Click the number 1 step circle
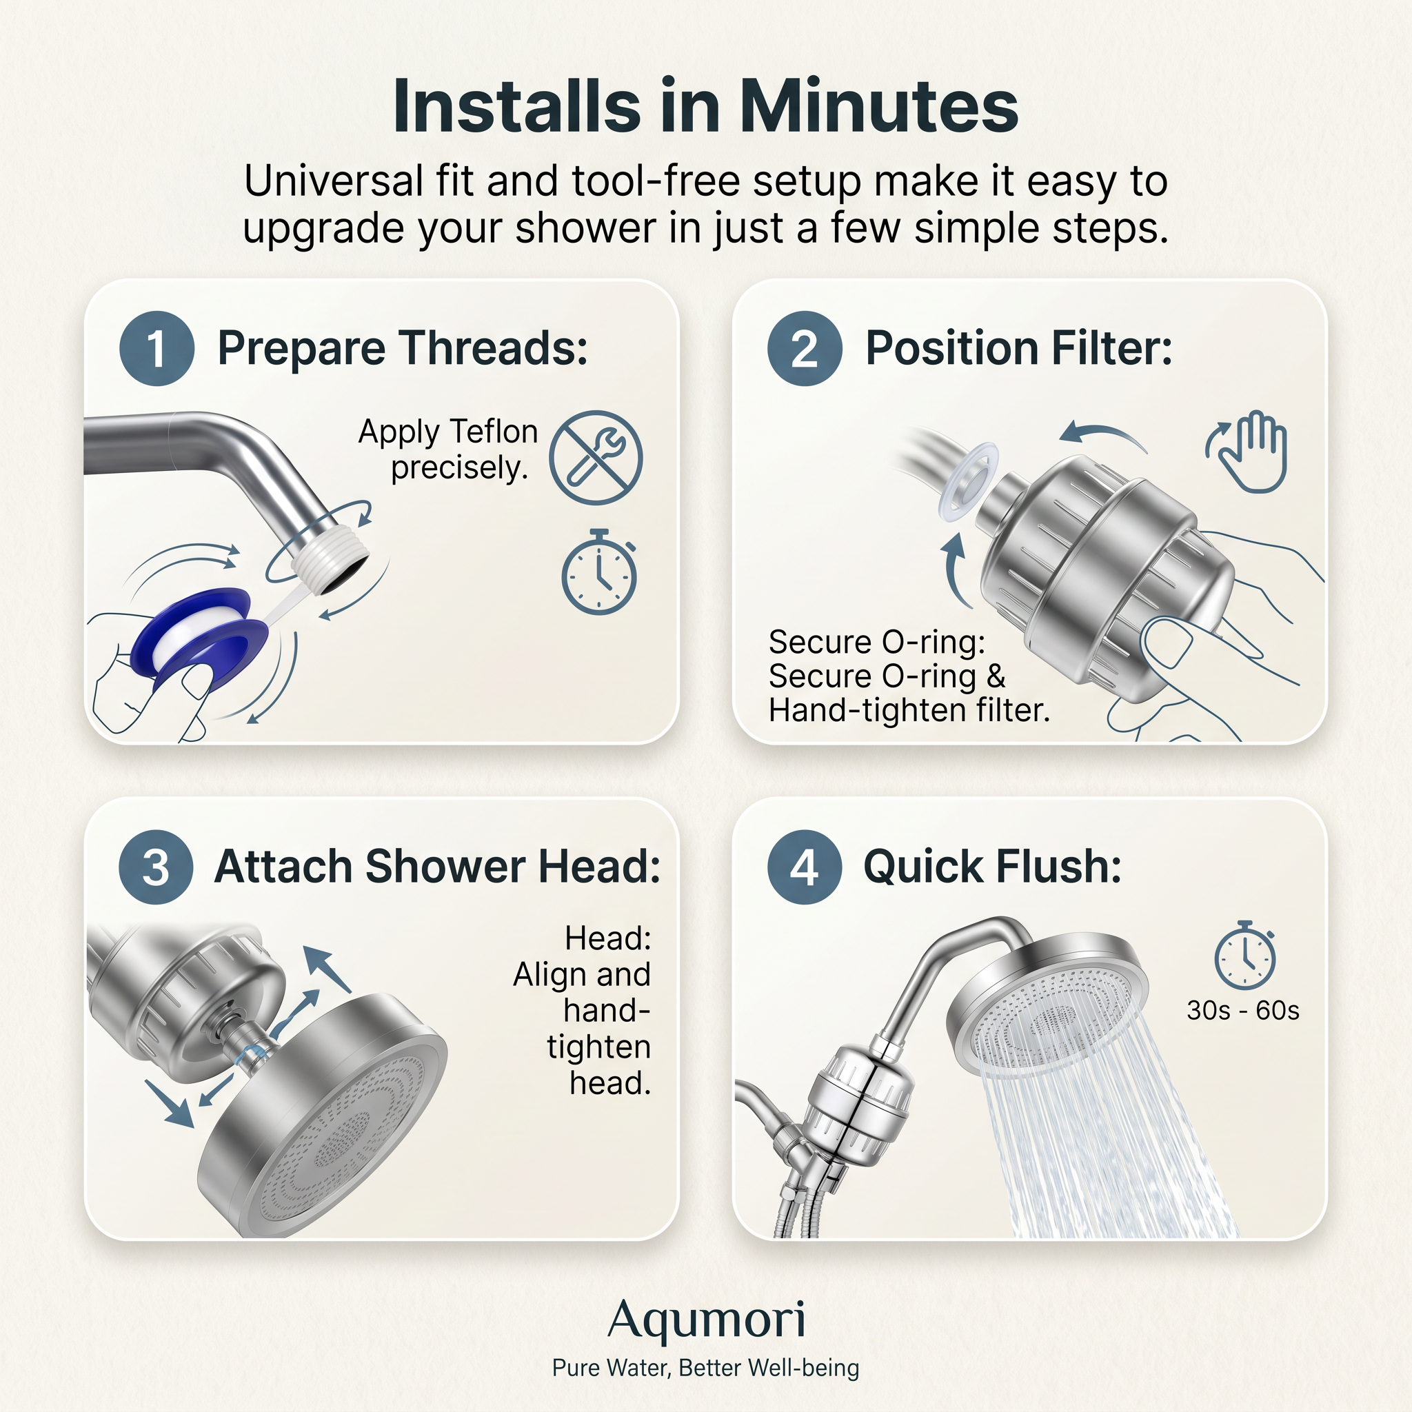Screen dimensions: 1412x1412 157,349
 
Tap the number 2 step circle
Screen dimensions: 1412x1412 804,349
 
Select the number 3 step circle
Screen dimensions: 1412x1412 156,867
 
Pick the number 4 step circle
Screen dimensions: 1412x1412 804,867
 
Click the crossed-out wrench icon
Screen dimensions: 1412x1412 596,458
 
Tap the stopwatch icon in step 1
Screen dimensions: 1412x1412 598,573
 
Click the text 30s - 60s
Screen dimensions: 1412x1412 1242,1011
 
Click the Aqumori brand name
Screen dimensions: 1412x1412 706,1320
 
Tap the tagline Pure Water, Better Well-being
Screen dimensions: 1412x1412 706,1367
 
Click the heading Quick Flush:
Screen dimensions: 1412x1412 991,867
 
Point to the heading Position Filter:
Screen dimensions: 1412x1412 1018,348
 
